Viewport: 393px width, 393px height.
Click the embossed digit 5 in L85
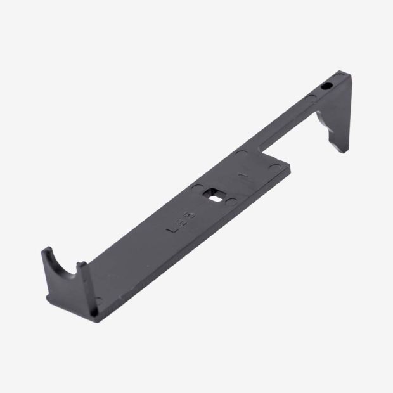[x=191, y=215]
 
